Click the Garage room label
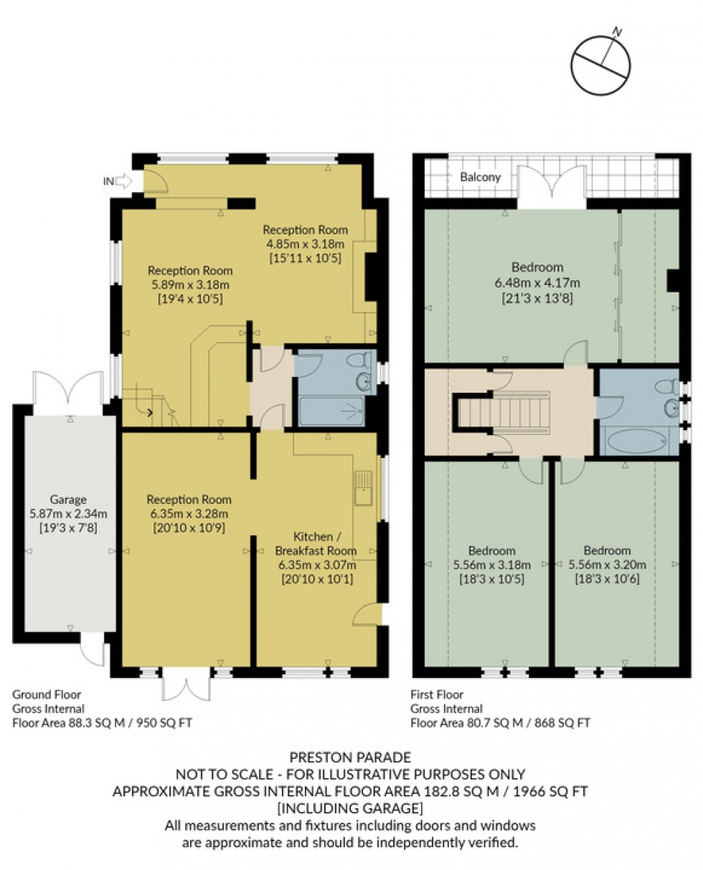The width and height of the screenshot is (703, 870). [67, 499]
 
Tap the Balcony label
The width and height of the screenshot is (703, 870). [480, 176]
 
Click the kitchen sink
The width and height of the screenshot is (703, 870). [363, 487]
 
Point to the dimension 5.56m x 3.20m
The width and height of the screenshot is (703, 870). [607, 564]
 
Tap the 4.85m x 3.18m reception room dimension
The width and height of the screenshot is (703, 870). [305, 244]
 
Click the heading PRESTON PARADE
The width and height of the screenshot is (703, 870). [350, 757]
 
